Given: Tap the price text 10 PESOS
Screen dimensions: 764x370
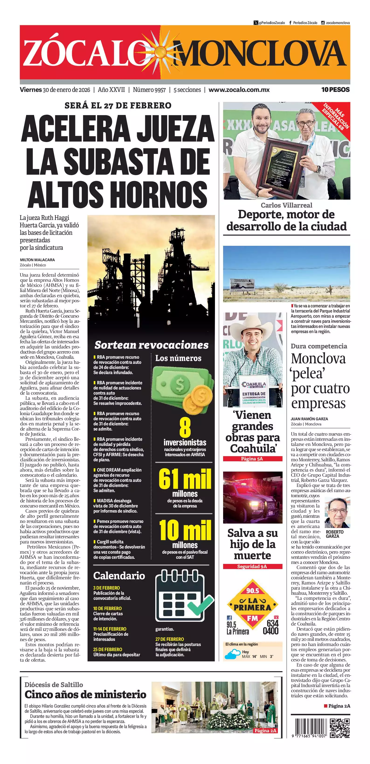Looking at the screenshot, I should click(335, 90).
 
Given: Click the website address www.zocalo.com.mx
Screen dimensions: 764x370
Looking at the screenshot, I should click(239, 90).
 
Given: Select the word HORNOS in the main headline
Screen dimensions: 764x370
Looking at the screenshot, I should click(160, 194).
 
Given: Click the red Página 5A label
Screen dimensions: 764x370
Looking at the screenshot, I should click(252, 459).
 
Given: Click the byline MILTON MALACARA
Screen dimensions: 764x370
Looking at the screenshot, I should click(37, 260).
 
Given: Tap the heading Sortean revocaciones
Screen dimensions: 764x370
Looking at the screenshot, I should click(151, 345).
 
